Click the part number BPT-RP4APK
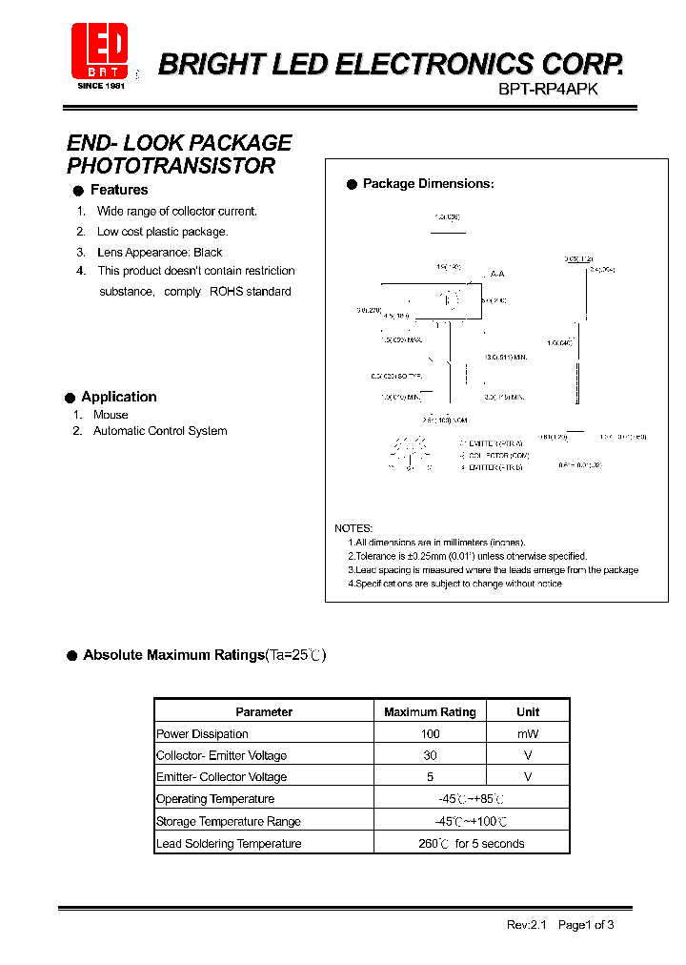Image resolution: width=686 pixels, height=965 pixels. (548, 87)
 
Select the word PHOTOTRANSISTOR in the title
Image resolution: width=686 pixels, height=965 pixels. (171, 166)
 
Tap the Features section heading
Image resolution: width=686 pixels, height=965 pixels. (118, 190)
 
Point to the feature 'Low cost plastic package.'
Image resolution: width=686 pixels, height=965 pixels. (162, 232)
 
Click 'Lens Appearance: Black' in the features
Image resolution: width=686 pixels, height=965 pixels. (159, 253)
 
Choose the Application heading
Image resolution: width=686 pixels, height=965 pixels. (118, 397)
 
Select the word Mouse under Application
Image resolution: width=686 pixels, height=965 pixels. (111, 415)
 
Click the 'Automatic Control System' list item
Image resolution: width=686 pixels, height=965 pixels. (160, 431)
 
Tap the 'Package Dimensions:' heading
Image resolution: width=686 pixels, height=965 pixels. (428, 184)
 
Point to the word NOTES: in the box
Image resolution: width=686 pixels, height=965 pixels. (353, 528)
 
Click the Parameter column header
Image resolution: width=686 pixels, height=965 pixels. (264, 712)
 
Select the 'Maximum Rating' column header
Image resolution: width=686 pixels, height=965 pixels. (430, 712)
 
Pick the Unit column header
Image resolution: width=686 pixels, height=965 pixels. (528, 712)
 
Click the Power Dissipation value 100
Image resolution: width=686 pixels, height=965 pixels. (430, 734)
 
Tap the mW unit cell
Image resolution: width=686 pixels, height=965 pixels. (528, 734)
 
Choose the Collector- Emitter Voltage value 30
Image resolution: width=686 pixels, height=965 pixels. (430, 755)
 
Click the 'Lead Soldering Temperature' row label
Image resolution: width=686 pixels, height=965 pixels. (229, 844)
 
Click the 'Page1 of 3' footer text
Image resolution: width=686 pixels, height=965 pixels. (586, 925)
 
